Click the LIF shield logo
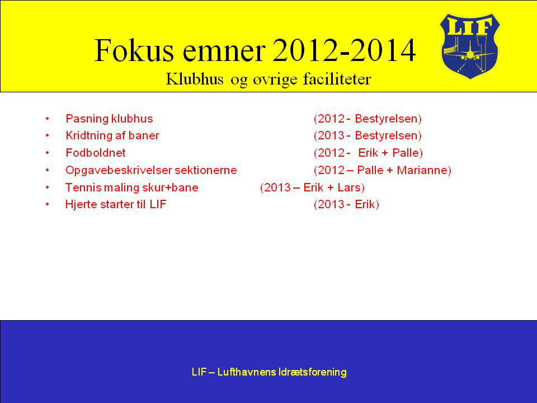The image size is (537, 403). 469,46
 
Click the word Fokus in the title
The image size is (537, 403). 134,50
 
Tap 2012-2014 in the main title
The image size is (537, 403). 344,50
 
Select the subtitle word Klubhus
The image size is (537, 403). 195,79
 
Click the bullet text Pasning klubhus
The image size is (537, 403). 109,119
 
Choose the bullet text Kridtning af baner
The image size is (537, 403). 112,135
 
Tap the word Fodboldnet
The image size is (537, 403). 96,152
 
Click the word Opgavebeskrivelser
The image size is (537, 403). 119,170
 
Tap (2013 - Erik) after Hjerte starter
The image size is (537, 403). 346,204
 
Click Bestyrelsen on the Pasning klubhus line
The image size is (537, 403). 387,119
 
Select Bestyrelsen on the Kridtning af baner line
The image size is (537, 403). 387,135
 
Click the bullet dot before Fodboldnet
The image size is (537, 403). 47,153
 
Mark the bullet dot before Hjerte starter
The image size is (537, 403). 47,205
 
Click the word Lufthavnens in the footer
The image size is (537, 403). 247,372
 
